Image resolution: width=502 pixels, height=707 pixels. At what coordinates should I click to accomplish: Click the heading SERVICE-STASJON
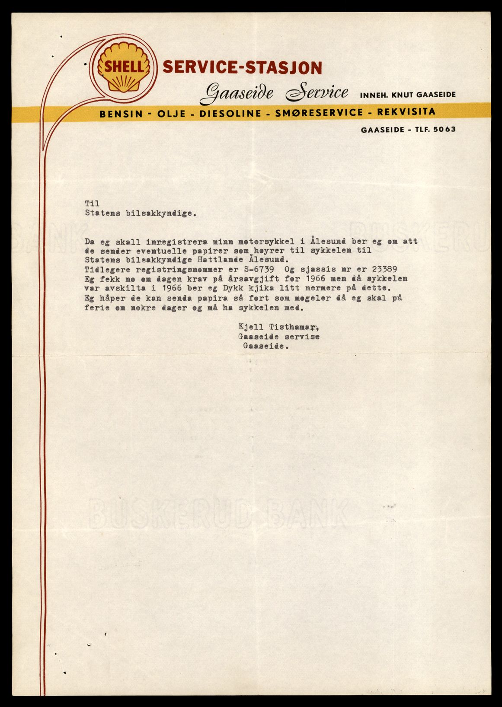(x=242, y=67)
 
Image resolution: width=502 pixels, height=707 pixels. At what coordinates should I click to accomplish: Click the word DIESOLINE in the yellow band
(x=230, y=114)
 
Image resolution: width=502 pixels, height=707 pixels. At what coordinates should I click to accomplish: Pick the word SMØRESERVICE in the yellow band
(x=319, y=113)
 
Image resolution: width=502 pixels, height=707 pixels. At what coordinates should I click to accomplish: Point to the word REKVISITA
(x=406, y=112)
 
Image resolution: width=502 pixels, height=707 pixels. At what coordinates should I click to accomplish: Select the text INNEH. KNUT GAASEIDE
(x=408, y=95)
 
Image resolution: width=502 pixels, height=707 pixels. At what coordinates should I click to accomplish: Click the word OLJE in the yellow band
(x=172, y=114)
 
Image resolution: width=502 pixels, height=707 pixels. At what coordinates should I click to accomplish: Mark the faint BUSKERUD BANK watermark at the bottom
(x=218, y=514)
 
